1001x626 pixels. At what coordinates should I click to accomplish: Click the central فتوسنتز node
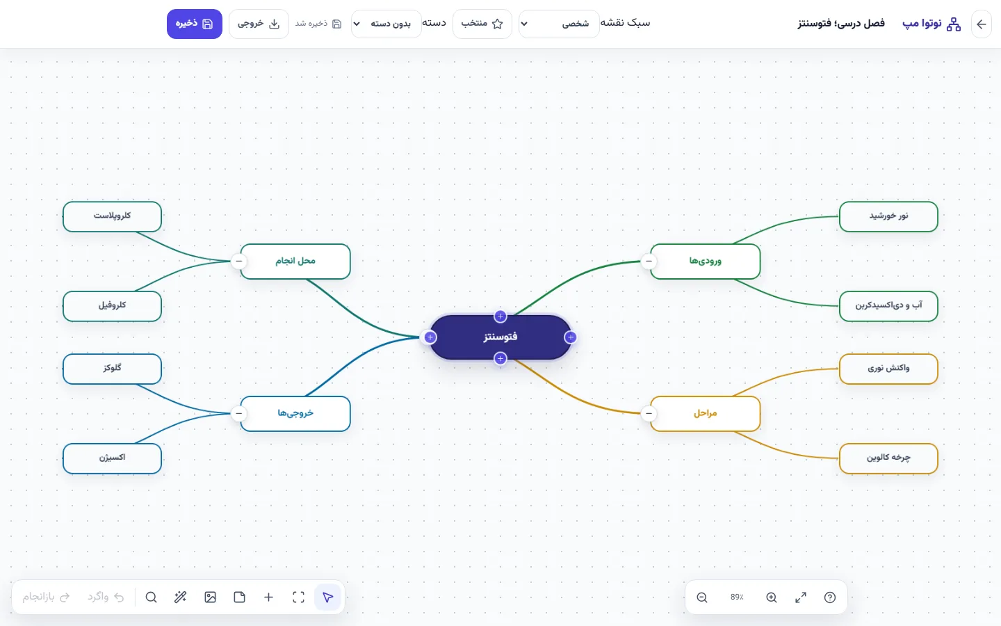click(x=500, y=337)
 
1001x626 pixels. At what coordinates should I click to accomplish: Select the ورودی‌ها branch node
click(x=705, y=261)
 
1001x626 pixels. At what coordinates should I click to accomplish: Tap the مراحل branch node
click(x=705, y=414)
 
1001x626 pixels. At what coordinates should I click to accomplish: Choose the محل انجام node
click(x=295, y=261)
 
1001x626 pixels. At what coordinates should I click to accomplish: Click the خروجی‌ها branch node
click(x=295, y=414)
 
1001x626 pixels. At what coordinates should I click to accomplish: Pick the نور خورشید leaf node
click(x=888, y=216)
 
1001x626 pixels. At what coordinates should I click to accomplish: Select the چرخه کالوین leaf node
click(x=888, y=458)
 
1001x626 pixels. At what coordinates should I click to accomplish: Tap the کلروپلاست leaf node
click(x=112, y=216)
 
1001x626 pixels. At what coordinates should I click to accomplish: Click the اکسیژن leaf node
click(x=112, y=458)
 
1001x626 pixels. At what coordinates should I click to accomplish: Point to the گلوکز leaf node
click(x=112, y=369)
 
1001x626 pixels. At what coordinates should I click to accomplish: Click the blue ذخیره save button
click(x=195, y=24)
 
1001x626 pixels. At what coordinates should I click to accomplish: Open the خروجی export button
click(x=259, y=24)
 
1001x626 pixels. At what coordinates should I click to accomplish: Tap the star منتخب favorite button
click(x=482, y=24)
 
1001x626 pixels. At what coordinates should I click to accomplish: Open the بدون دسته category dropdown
click(x=386, y=24)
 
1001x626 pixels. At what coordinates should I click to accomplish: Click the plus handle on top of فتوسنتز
click(x=500, y=316)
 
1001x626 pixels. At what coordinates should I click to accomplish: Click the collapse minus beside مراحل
click(x=649, y=414)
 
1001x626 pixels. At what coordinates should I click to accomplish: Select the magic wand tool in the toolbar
click(x=180, y=597)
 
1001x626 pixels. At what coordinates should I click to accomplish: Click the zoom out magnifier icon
click(x=701, y=597)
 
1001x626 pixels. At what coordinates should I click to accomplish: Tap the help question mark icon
click(x=830, y=597)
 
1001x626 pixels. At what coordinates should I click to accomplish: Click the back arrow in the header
click(x=982, y=24)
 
